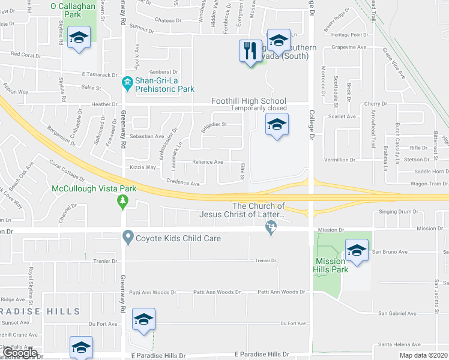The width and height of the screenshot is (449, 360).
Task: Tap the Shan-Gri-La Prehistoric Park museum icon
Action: tap(127, 82)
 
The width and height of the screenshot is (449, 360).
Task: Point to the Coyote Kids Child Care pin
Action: tap(127, 238)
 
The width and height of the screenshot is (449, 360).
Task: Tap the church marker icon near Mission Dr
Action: tap(271, 227)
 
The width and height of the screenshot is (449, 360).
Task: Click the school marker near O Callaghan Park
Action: tap(78, 38)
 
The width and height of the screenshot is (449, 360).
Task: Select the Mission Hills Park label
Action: tap(330, 265)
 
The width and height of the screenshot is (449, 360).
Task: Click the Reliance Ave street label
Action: tap(208, 162)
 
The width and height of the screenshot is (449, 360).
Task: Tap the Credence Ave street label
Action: tap(183, 183)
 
